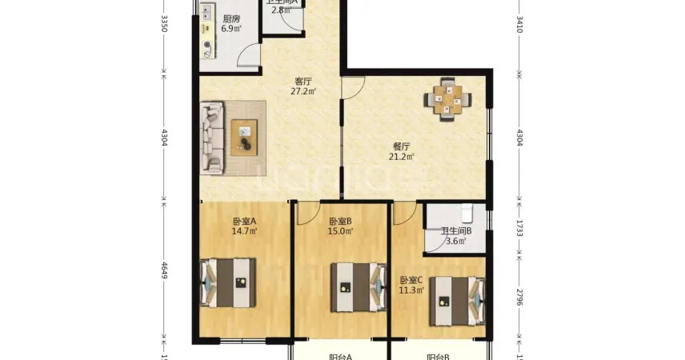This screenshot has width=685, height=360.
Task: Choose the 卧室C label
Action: pyautogui.click(x=411, y=280)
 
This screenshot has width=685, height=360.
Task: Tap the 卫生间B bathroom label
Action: pyautogui.click(x=457, y=232)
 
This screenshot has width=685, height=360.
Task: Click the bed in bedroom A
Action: pyautogui.click(x=229, y=282)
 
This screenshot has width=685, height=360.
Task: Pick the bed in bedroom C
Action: pyautogui.click(x=457, y=301)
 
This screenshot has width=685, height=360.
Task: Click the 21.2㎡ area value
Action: pyautogui.click(x=402, y=157)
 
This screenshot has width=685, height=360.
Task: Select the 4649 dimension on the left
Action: pyautogui.click(x=164, y=270)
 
